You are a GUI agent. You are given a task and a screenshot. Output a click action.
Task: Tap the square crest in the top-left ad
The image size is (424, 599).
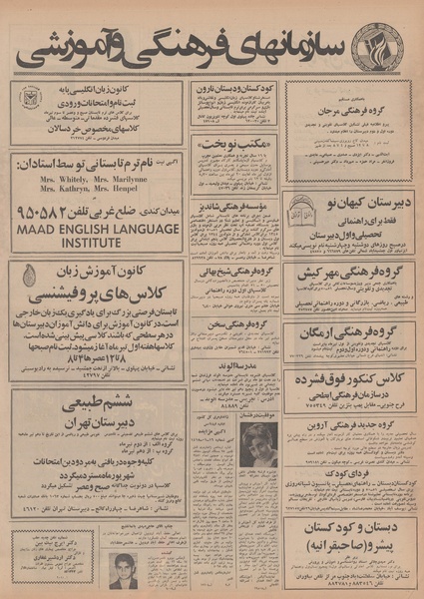pyautogui.click(x=26, y=101)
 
